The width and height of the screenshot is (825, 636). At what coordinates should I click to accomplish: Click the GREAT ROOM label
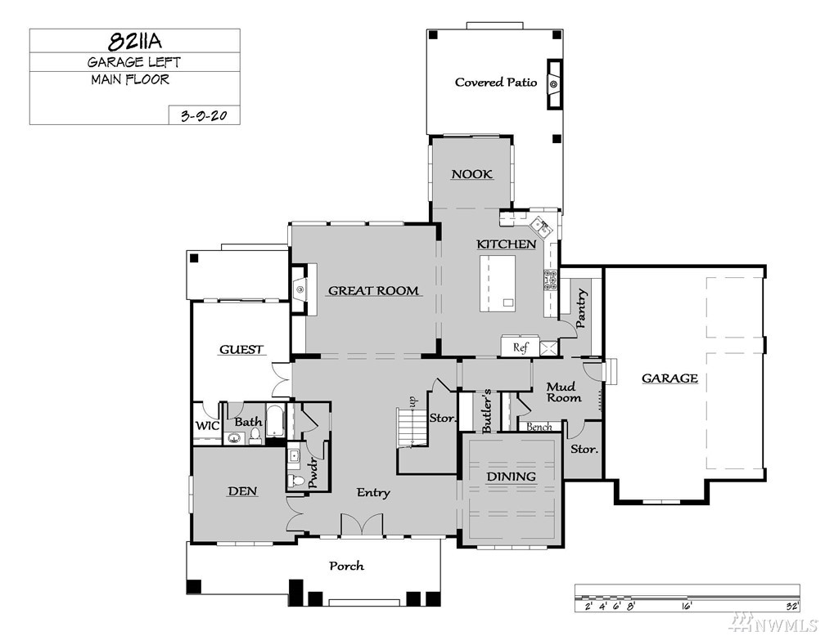coord(373,291)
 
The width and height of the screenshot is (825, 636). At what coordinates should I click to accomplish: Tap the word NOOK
coord(472,174)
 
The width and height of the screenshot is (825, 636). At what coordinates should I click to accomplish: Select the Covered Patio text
coord(496,82)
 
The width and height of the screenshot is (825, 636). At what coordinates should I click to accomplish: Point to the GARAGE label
coord(669,378)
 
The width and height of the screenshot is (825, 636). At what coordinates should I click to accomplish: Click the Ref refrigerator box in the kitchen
coord(520,347)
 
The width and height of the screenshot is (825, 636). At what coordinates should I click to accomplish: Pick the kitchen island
coord(498,284)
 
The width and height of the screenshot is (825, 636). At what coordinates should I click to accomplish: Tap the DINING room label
coord(511,477)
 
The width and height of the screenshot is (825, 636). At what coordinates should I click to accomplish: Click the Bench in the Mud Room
coord(539,427)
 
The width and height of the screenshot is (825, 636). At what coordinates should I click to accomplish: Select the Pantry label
coord(581,308)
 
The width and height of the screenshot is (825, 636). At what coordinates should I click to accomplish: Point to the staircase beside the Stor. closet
coord(412,428)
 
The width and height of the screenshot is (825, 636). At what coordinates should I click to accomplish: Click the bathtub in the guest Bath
coord(275,420)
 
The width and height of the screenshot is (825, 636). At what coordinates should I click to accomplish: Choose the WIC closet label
coord(207,426)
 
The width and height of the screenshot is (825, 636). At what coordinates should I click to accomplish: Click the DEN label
coord(242,491)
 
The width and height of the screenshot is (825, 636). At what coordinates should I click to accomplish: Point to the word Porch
coord(346,566)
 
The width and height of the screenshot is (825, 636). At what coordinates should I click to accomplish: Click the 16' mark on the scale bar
coord(687,606)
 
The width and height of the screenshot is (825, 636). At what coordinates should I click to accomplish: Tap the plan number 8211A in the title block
coord(135,41)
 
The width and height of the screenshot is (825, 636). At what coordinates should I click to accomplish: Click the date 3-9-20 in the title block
coord(204,115)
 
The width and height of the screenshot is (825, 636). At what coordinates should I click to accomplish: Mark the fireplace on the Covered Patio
coord(554,84)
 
